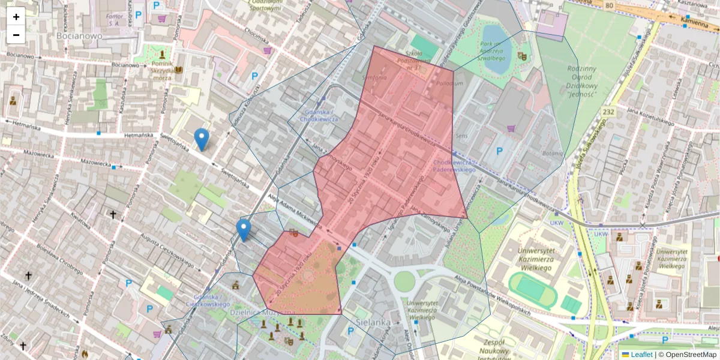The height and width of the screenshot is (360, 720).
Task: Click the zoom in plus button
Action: click(x=16, y=17)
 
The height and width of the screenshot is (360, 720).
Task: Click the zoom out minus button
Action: click(x=16, y=35)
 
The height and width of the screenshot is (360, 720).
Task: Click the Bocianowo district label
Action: click(x=80, y=35)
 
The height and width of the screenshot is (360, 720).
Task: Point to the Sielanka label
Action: click(x=373, y=322)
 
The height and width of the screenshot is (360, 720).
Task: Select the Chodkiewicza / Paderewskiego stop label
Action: click(x=454, y=166)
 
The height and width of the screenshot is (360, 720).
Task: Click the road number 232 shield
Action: click(x=609, y=112)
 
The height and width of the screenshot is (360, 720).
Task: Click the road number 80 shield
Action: click(x=610, y=6)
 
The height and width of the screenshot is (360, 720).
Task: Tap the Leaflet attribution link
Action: click(x=641, y=355)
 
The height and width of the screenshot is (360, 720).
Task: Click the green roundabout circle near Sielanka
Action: click(x=404, y=280)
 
